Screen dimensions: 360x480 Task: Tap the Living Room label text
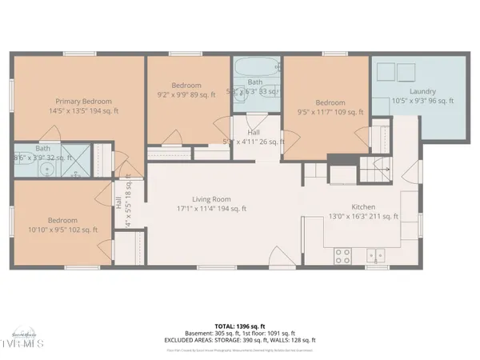click(211, 199)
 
